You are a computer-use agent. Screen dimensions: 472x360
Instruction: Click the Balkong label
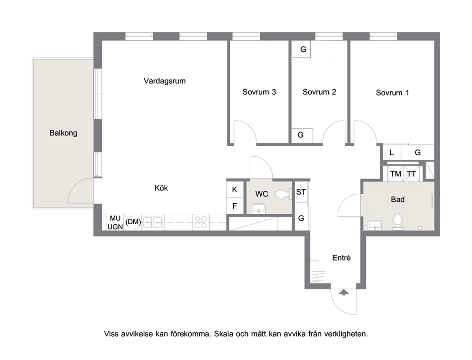click(63, 133)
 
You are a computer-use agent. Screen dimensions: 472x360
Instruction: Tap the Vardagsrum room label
click(165, 81)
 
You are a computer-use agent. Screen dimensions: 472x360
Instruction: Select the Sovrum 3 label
click(259, 92)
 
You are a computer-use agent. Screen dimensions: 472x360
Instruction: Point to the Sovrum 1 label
click(393, 92)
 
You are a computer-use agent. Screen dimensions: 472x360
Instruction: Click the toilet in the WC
click(283, 194)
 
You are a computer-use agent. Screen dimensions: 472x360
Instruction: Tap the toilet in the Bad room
click(398, 221)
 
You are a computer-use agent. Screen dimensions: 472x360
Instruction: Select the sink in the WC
click(258, 209)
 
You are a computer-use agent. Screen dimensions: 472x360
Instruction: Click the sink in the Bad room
click(374, 225)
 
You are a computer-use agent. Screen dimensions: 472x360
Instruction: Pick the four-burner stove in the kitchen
click(201, 222)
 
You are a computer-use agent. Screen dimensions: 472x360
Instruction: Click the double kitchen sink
click(153, 222)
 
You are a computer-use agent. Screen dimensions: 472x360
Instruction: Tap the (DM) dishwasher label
click(133, 222)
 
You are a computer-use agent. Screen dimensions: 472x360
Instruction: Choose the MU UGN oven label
click(115, 222)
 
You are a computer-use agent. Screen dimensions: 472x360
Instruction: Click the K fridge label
click(235, 190)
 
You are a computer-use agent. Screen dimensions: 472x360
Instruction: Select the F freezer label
click(235, 206)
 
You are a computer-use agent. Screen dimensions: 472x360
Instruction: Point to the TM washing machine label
click(395, 174)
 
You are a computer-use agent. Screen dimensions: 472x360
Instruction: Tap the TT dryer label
click(411, 174)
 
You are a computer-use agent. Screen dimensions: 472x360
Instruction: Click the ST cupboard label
click(301, 192)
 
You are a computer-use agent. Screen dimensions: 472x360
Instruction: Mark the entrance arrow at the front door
click(344, 292)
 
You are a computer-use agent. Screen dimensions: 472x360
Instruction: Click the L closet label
click(392, 153)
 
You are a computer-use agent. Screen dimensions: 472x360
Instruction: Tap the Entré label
click(341, 258)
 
